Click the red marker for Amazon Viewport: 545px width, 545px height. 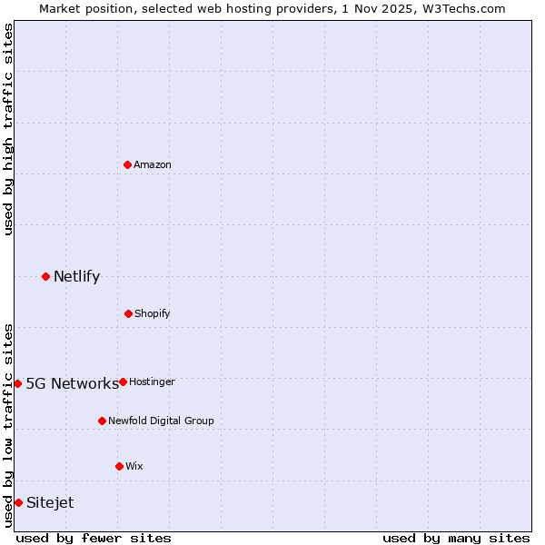(x=128, y=164)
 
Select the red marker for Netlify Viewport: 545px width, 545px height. (x=45, y=276)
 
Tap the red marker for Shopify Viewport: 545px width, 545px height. (x=128, y=313)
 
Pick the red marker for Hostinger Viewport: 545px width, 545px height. (x=123, y=381)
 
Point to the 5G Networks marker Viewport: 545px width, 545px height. (x=17, y=383)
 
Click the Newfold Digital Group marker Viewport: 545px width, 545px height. (x=102, y=421)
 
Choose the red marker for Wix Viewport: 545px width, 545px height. (x=119, y=466)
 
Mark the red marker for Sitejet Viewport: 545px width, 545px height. (x=18, y=502)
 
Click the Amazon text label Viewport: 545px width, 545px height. (x=153, y=165)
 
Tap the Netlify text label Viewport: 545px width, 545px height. (x=76, y=277)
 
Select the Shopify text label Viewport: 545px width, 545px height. (x=153, y=314)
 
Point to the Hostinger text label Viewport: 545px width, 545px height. (x=152, y=382)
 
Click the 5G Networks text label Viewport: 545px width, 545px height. (x=72, y=383)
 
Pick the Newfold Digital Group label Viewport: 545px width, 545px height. (x=161, y=421)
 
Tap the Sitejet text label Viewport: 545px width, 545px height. (x=50, y=503)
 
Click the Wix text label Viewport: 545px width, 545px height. (x=134, y=467)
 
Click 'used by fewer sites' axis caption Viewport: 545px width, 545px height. (x=94, y=538)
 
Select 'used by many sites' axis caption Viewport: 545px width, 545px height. (x=456, y=538)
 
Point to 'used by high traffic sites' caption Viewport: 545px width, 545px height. (x=8, y=129)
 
